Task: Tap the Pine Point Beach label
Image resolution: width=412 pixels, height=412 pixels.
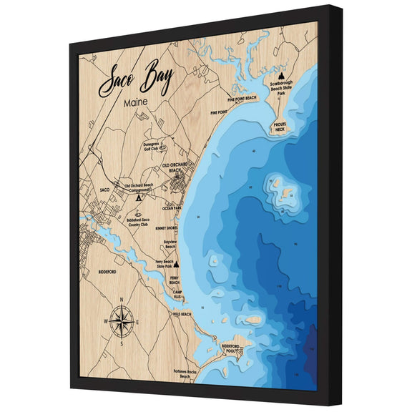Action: pos(241,100)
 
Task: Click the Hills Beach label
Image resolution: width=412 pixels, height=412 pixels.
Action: pos(182,314)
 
